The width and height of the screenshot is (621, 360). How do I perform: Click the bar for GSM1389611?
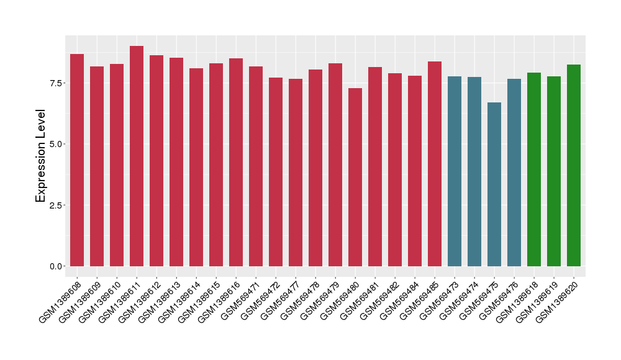click(x=137, y=156)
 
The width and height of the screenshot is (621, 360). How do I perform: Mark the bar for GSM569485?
click(x=435, y=164)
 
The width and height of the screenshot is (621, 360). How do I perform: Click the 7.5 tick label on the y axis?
click(x=56, y=83)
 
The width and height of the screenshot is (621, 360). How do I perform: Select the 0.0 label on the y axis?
click(x=56, y=266)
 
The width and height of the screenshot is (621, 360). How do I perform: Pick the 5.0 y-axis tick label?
click(x=56, y=144)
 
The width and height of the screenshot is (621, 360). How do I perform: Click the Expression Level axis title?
click(x=41, y=156)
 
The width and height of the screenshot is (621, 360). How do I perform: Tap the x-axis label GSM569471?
click(x=243, y=296)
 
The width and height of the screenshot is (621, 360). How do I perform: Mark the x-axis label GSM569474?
click(x=461, y=296)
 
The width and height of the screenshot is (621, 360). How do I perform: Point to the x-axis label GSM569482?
click(x=382, y=296)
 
